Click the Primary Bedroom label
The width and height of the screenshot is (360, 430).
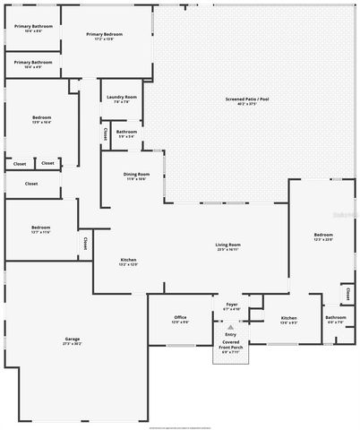click(105, 34)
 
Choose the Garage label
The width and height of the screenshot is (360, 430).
click(72, 339)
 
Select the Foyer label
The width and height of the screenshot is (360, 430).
click(231, 305)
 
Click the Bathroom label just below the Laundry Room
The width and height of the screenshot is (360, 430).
click(126, 132)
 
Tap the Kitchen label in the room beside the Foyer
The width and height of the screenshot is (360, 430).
click(288, 317)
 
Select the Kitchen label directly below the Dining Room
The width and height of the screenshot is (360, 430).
click(129, 260)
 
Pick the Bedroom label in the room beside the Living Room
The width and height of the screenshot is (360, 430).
click(323, 235)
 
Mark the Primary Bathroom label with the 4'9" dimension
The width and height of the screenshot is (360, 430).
click(33, 62)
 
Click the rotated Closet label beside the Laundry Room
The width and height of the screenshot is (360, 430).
click(106, 133)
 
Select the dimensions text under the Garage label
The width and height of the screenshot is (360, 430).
click(72, 344)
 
